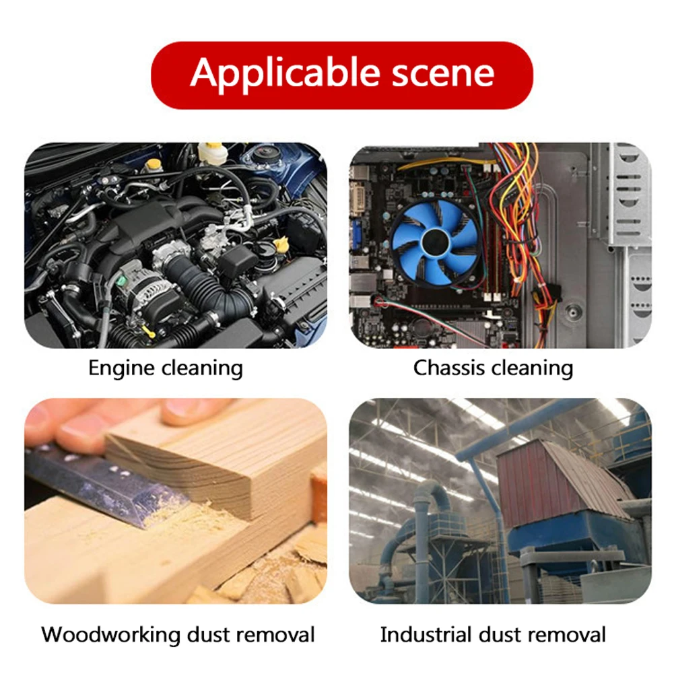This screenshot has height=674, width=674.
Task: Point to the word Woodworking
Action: (110, 634)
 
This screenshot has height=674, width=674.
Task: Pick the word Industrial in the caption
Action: (426, 634)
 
